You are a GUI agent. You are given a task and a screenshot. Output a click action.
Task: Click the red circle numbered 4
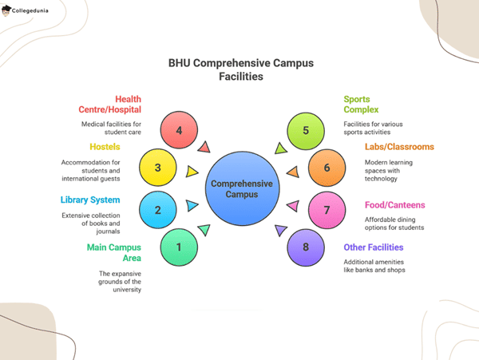point(179,131)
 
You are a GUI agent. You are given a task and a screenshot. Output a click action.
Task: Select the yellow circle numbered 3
point(158,168)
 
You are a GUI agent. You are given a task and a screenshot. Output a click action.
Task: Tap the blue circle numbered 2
point(158,210)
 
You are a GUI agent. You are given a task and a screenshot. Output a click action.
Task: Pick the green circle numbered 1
point(179,247)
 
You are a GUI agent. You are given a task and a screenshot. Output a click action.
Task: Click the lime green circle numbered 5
point(306,131)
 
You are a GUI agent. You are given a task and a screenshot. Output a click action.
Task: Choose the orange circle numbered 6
point(327,168)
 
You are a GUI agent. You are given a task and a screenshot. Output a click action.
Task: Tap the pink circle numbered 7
point(327,210)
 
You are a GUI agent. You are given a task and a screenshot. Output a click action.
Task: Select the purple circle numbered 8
point(306,247)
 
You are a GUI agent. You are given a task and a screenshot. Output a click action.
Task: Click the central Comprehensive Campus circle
point(241,188)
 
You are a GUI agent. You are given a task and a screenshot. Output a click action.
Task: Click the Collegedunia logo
point(30,11)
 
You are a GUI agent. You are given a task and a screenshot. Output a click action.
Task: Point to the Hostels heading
point(104,147)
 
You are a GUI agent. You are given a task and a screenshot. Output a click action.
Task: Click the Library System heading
point(89,200)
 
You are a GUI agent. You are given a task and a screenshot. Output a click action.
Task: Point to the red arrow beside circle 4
point(204,147)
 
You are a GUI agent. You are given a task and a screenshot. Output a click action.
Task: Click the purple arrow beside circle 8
point(280,231)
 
